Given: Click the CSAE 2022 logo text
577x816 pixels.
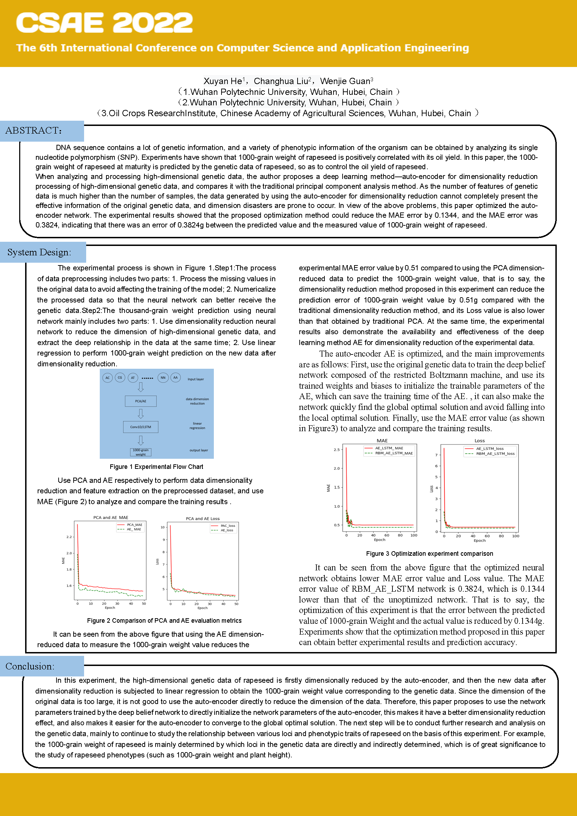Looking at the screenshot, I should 104,23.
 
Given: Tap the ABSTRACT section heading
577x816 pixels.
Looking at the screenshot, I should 34,130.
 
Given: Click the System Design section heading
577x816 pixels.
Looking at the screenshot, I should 39,252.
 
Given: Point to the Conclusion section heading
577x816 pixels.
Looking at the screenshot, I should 30,666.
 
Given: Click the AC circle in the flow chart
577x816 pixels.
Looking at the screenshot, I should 108,378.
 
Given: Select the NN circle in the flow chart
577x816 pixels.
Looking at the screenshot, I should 163,378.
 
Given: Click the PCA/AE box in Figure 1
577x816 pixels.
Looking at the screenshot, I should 141,401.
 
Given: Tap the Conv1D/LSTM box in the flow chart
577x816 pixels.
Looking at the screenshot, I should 141,427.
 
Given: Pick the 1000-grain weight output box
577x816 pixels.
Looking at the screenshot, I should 141,452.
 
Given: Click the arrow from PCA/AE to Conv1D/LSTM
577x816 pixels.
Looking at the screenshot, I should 141,414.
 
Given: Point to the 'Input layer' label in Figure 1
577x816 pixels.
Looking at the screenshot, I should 196,379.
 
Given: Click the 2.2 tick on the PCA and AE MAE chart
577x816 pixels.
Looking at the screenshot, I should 69,537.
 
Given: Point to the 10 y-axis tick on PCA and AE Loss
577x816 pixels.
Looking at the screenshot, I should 163,527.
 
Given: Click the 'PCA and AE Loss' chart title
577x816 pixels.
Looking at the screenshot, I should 203,518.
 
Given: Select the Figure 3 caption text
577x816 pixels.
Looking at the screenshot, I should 429,553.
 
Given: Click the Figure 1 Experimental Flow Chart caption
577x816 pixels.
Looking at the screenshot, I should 156,467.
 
